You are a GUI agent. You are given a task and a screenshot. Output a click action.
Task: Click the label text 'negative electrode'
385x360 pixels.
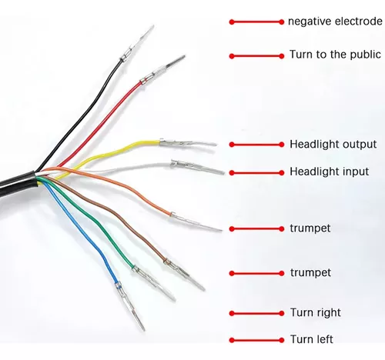335,22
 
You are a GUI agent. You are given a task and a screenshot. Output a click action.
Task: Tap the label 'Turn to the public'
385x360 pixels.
335,55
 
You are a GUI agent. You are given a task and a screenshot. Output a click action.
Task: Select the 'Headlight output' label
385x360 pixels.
333,145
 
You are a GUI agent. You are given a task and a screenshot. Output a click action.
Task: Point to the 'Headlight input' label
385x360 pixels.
330,172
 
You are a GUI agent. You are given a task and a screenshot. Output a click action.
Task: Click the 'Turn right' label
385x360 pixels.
316,312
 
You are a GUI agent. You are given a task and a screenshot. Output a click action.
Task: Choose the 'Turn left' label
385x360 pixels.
312,339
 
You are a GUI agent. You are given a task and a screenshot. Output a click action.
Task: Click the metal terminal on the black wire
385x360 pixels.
137,43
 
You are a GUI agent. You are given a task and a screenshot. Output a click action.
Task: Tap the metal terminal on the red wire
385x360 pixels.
162,69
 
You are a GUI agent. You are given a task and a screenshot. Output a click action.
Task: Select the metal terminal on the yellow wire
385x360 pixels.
188,143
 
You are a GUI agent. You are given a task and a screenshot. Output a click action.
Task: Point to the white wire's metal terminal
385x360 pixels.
198,167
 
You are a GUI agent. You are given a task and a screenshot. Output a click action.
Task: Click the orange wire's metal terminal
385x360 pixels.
196,222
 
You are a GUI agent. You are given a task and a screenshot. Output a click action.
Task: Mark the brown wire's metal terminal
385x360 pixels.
184,274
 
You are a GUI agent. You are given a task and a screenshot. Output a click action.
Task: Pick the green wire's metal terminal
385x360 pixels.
153,283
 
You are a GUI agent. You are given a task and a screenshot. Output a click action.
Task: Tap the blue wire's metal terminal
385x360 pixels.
129,306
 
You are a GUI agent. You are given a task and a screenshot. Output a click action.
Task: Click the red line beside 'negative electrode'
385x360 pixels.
256,22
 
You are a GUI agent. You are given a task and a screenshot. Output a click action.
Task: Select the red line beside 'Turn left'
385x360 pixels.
256,340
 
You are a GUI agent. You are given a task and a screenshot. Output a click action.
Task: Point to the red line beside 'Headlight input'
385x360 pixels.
256,173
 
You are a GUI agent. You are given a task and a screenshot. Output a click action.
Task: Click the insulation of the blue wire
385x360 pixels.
85,231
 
